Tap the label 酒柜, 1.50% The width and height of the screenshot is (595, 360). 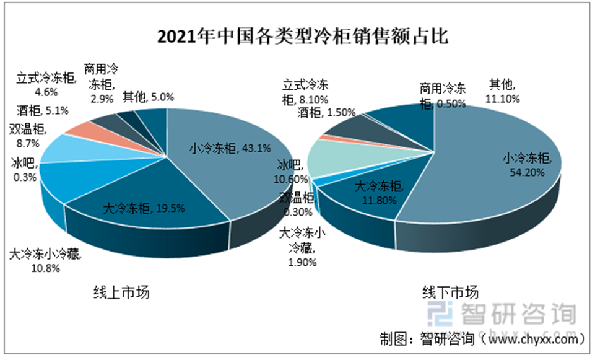327,112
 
